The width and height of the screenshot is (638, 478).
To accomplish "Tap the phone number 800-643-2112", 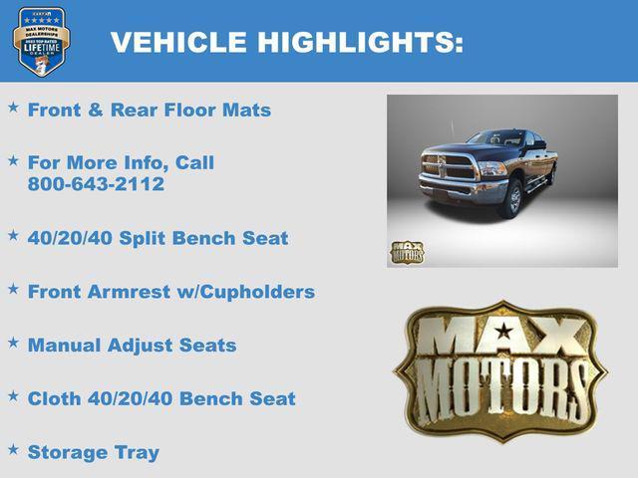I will (96, 184).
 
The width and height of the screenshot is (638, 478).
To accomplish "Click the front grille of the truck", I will (448, 166).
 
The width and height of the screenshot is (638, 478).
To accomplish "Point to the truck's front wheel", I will (512, 197).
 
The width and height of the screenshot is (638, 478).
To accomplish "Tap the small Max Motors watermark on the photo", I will (407, 252).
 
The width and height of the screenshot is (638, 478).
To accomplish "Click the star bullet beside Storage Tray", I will (13, 449).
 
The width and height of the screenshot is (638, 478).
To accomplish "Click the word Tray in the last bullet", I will (137, 452).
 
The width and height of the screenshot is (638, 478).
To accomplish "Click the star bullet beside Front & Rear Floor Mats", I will (13, 106).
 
